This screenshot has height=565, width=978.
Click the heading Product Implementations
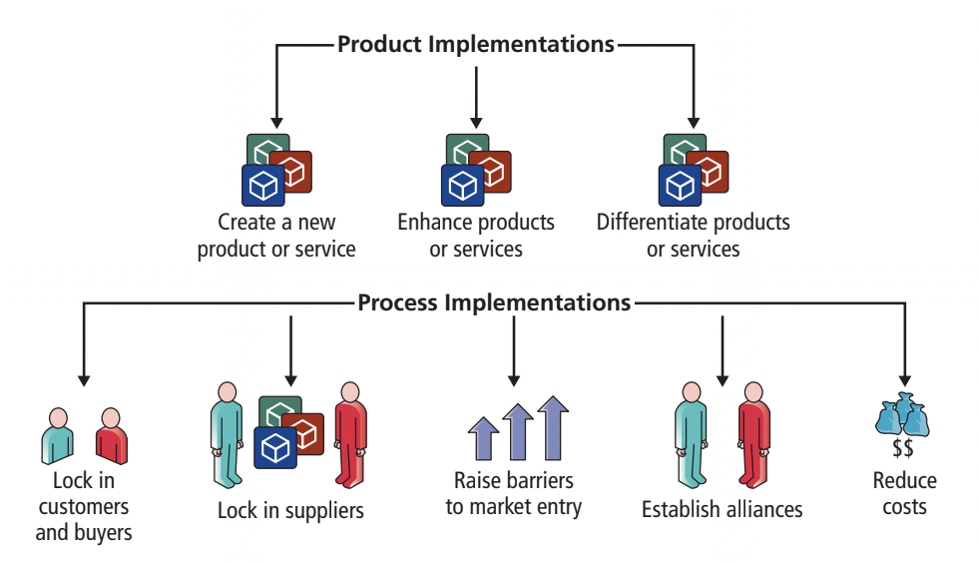(476, 44)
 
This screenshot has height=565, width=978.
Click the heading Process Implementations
(494, 302)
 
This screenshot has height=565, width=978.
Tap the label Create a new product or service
(276, 236)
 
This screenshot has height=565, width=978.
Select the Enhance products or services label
(476, 236)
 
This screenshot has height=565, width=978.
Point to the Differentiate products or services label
(693, 236)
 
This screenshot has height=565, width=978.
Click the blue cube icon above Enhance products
(463, 186)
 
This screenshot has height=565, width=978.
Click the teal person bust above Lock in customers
(58, 436)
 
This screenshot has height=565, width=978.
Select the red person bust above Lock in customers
(112, 436)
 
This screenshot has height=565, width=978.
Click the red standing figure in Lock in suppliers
(350, 434)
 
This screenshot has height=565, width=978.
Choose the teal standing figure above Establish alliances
(691, 434)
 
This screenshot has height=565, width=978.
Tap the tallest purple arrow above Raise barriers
(553, 428)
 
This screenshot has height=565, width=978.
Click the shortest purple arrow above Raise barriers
(483, 438)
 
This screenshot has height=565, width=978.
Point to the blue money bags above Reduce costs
(902, 414)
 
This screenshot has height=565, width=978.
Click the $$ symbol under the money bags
(902, 448)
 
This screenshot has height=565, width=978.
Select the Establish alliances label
(723, 509)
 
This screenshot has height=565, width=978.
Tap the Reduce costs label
(904, 493)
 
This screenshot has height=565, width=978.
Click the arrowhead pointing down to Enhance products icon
(476, 123)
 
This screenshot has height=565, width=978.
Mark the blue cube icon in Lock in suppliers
(275, 447)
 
